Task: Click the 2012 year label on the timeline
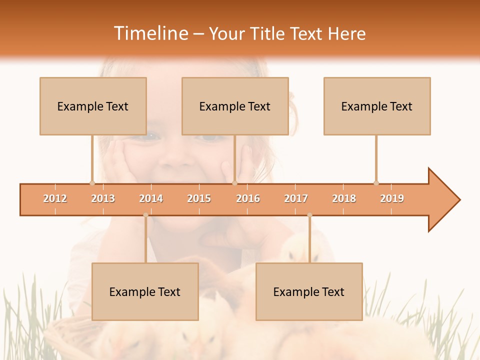point(55,198)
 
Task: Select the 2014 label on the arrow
point(151,198)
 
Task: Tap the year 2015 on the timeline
point(199,198)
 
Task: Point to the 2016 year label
point(248,198)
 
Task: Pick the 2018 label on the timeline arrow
point(344,198)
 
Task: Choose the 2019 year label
point(392,198)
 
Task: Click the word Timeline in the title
point(150,33)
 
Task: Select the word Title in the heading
point(269,33)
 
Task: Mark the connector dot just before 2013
point(92,183)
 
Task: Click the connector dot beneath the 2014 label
point(145,215)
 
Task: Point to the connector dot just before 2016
point(235,183)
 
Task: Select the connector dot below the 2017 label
point(309,215)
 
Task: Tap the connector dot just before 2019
point(376,183)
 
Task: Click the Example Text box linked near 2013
point(93,106)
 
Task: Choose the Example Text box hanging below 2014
point(145,291)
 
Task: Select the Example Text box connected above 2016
point(235,106)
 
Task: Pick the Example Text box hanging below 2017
point(309,291)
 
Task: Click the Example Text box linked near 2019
point(377,106)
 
